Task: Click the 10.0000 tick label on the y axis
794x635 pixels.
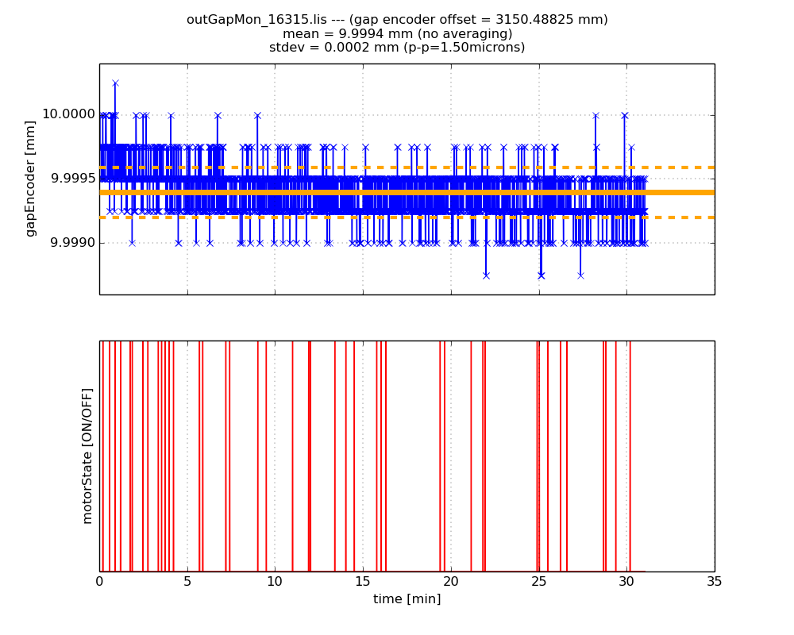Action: pyautogui.click(x=68, y=114)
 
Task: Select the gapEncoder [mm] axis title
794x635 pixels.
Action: pyautogui.click(x=31, y=179)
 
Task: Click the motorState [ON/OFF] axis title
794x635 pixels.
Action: pyautogui.click(x=87, y=456)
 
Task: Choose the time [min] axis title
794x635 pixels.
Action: pyautogui.click(x=407, y=599)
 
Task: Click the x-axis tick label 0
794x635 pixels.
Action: pyautogui.click(x=99, y=581)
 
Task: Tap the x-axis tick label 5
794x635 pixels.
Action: pyautogui.click(x=187, y=581)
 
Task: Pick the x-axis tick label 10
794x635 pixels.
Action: pyautogui.click(x=275, y=581)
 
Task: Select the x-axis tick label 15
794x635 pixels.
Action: pyautogui.click(x=363, y=581)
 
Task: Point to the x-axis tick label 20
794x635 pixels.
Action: pyautogui.click(x=451, y=581)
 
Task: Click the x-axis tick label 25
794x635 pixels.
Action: pyautogui.click(x=539, y=581)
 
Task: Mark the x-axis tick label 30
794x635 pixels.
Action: pyautogui.click(x=626, y=581)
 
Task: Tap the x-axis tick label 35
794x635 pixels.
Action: pyautogui.click(x=715, y=581)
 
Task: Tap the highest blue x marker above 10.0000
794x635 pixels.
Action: pyautogui.click(x=115, y=83)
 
